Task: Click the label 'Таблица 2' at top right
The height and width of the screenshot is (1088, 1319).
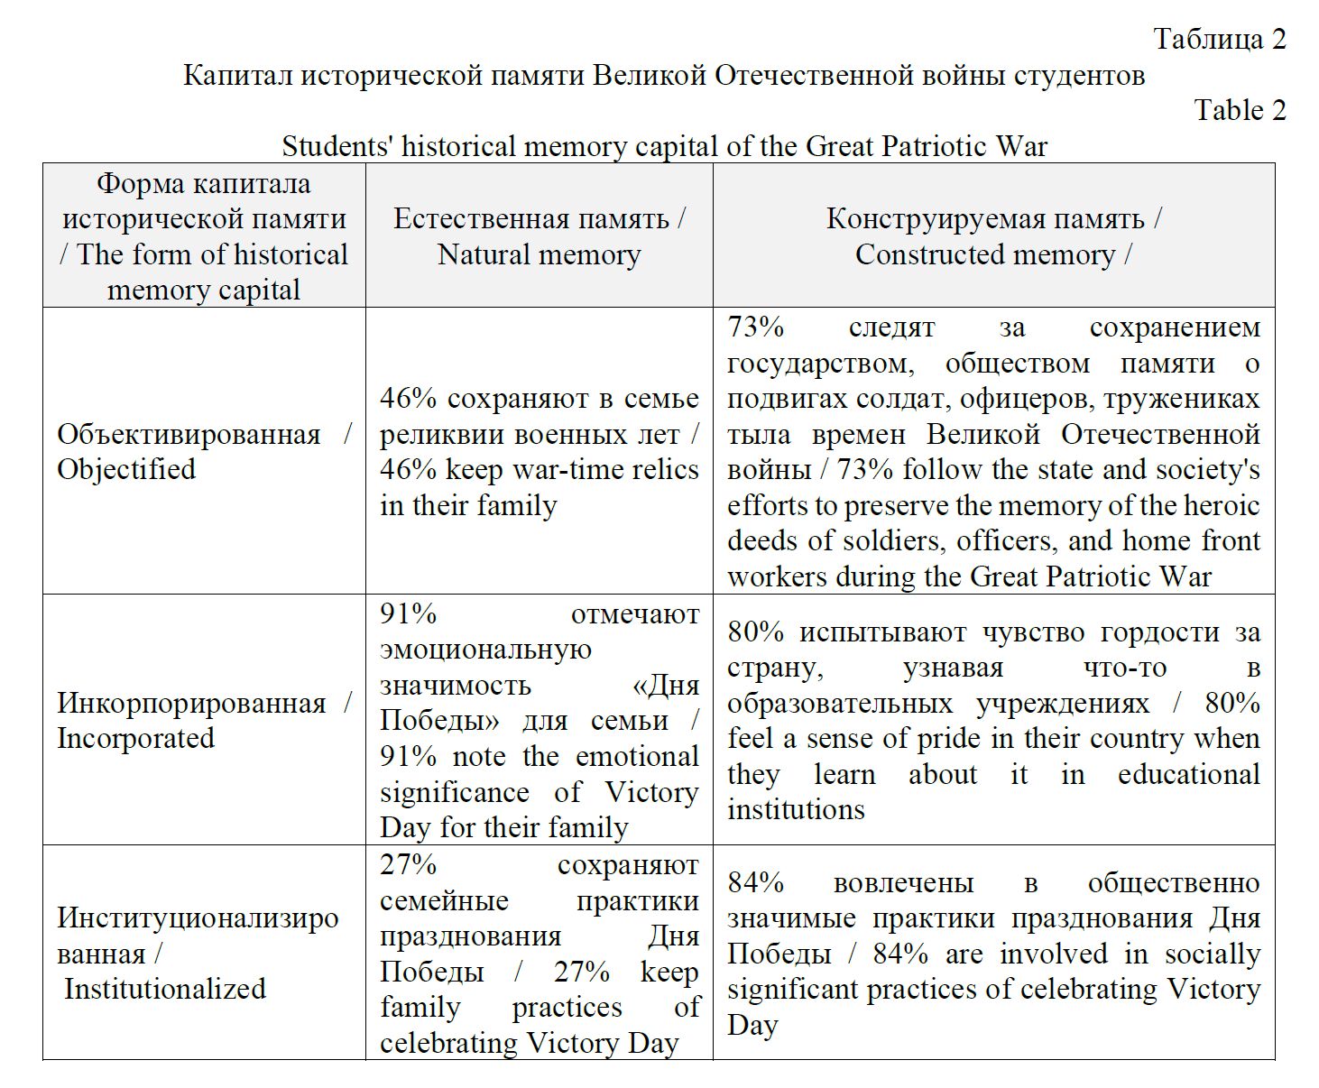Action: [1219, 39]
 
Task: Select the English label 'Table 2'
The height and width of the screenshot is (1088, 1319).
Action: [1240, 110]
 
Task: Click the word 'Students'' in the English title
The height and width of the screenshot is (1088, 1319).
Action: [337, 146]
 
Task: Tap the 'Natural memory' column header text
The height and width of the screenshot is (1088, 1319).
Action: [539, 254]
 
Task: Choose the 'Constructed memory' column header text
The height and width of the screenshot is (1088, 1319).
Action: [985, 254]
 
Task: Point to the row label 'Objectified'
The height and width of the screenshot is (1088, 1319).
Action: [126, 469]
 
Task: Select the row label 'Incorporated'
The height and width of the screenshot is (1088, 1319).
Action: [135, 738]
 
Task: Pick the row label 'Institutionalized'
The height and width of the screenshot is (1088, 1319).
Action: [165, 989]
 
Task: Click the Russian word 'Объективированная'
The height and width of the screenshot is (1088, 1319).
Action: [189, 434]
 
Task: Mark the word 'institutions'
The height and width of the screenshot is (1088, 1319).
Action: [796, 810]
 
